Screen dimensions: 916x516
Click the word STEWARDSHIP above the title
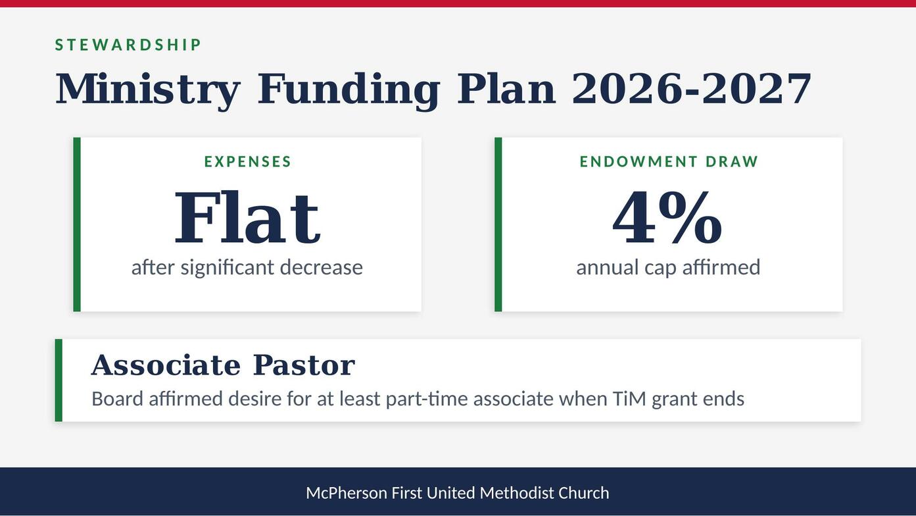click(x=128, y=45)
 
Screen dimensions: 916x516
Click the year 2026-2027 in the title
click(x=692, y=89)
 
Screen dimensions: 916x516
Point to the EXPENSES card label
click(x=248, y=162)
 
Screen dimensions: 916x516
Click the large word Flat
click(x=248, y=217)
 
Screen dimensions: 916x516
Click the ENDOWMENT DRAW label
click(x=669, y=162)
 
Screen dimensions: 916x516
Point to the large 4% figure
click(x=668, y=217)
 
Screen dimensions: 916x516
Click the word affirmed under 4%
click(x=721, y=267)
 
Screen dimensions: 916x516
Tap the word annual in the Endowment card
click(x=608, y=267)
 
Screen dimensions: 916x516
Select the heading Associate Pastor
click(x=224, y=365)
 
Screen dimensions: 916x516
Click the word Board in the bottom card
click(x=117, y=399)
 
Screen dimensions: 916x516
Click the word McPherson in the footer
click(x=347, y=493)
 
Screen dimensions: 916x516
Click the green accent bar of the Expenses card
click(x=77, y=224)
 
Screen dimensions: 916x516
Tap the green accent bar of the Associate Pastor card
click(x=59, y=380)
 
